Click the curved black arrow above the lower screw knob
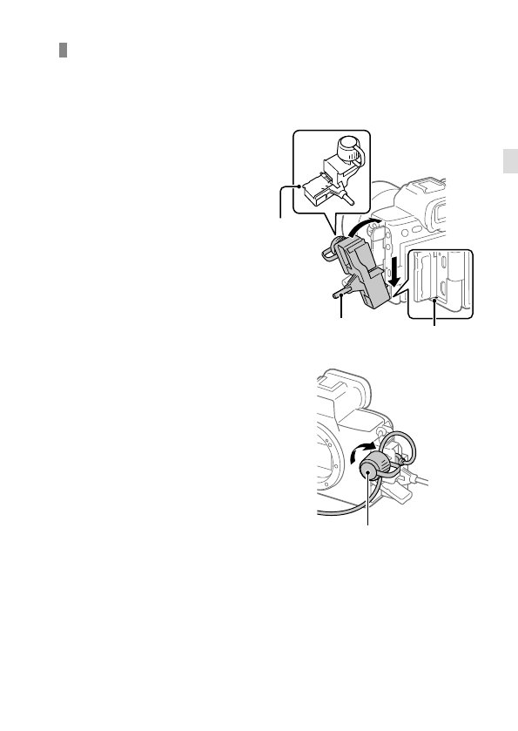click(358, 453)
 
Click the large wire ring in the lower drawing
click(403, 446)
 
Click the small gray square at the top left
click(64, 51)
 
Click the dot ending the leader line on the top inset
click(299, 186)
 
